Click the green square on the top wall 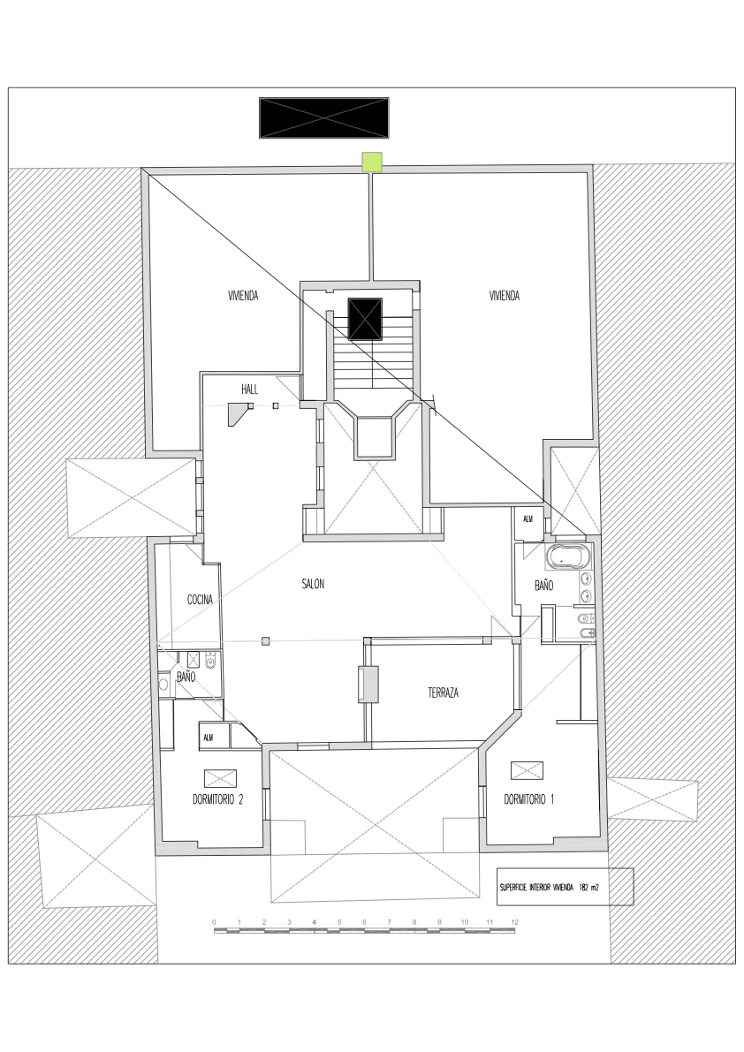(372, 161)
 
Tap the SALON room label (313, 585)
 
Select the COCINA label (200, 600)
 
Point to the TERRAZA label (443, 693)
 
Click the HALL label (250, 390)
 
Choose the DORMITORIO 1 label (529, 799)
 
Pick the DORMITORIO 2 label (217, 799)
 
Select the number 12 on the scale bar (514, 922)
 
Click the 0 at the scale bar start (215, 922)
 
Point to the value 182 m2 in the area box (589, 886)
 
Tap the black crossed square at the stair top (365, 319)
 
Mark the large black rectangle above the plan (323, 118)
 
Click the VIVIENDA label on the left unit (243, 297)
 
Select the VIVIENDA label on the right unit (505, 297)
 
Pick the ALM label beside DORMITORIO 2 (209, 737)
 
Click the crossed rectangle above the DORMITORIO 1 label (528, 770)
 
